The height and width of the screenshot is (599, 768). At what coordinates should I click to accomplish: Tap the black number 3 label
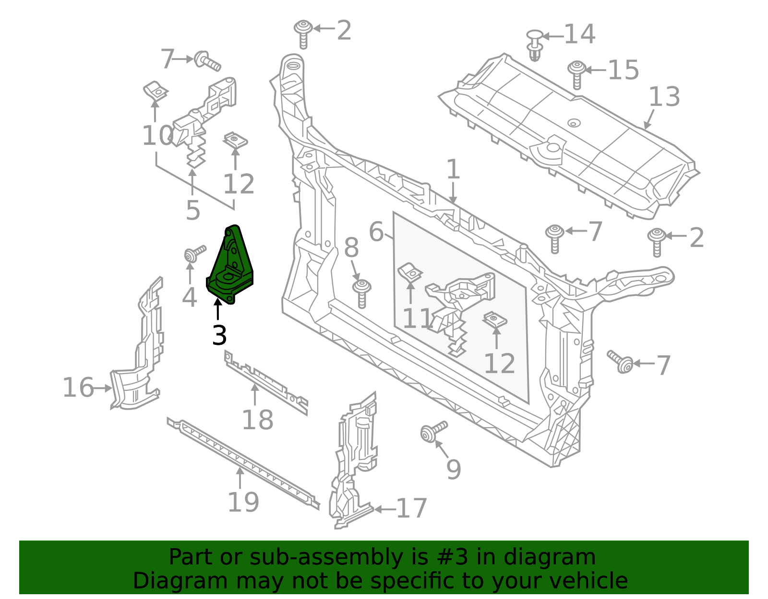(x=219, y=335)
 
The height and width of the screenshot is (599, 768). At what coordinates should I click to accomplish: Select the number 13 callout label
(x=664, y=97)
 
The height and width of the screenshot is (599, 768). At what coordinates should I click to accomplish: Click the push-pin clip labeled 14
(x=534, y=46)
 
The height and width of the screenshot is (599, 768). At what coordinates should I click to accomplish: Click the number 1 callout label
(x=453, y=170)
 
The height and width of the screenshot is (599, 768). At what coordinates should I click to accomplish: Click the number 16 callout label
(x=78, y=388)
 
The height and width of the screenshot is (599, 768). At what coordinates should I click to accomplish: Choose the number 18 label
(x=257, y=420)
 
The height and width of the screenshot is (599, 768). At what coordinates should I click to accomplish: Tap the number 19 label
(x=243, y=502)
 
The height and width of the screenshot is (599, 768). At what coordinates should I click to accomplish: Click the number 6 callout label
(x=376, y=232)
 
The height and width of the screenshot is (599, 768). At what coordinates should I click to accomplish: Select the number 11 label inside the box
(x=418, y=319)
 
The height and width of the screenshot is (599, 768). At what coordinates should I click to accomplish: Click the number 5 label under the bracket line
(x=192, y=211)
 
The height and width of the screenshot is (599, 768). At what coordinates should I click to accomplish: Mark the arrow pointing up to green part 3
(x=218, y=309)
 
